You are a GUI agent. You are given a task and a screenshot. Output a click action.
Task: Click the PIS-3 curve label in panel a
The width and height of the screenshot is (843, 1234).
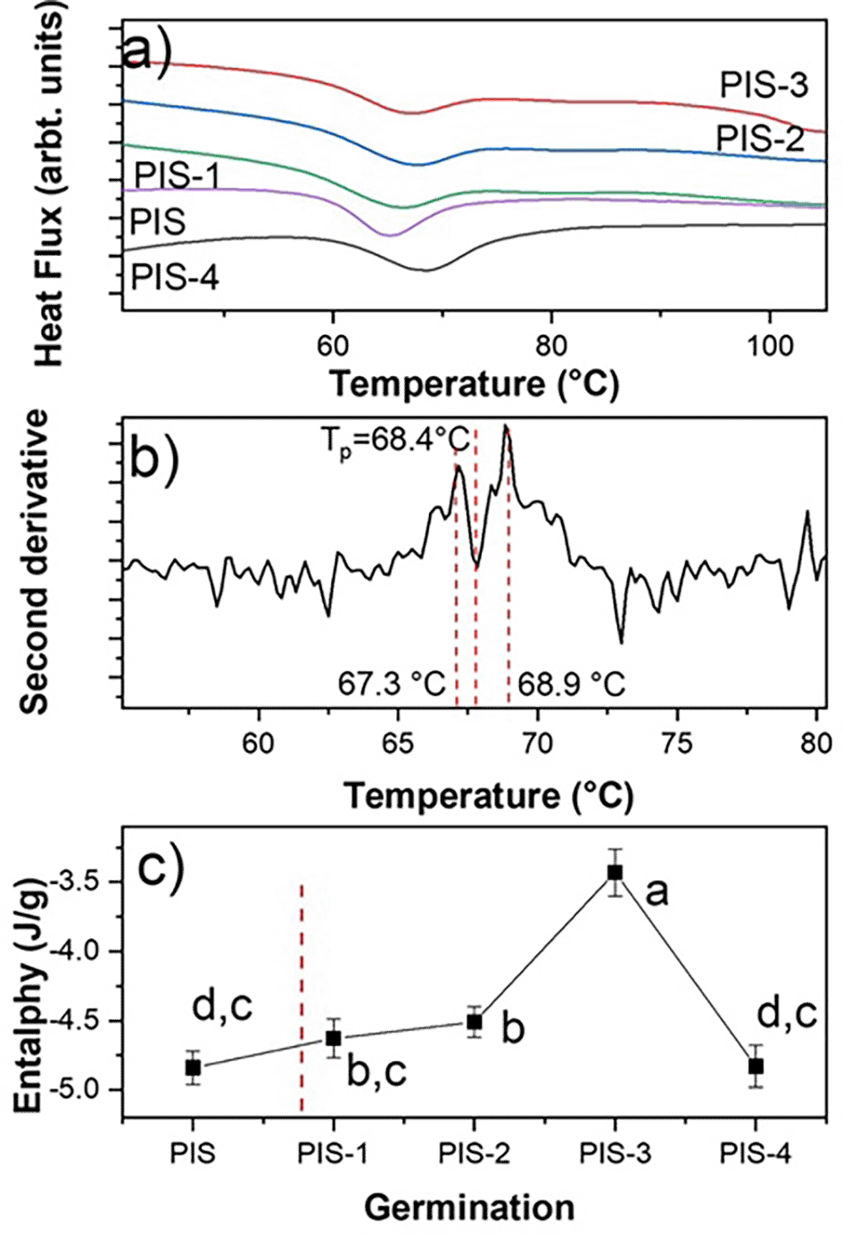764,86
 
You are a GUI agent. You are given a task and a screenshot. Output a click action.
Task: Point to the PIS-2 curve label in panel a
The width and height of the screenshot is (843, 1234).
760,138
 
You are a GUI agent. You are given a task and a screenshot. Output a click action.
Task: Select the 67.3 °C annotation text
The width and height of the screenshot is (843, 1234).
391,685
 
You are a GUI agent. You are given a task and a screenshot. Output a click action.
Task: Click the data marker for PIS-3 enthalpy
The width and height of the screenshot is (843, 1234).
615,872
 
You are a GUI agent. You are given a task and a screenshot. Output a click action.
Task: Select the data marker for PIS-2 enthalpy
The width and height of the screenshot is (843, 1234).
475,1022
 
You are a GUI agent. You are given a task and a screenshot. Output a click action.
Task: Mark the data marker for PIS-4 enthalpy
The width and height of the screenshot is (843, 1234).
756,1065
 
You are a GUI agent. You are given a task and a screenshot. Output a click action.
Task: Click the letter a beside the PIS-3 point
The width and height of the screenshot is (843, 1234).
657,893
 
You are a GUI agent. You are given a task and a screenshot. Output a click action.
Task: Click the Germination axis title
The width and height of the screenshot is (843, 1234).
469,1207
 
